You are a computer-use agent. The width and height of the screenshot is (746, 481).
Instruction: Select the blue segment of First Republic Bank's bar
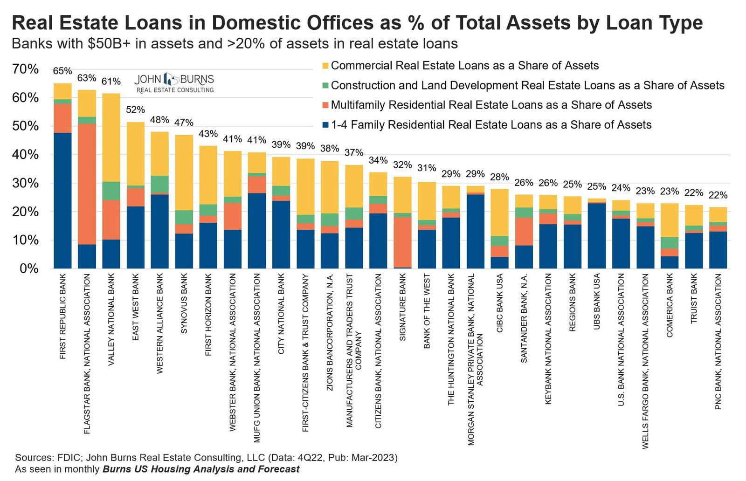pos(62,200)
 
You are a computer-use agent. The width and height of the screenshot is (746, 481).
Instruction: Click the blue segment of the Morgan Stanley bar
pos(475,231)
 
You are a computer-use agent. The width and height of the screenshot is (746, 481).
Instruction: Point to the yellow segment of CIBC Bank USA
pos(499,213)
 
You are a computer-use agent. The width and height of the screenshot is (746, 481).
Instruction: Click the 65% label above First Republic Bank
pos(62,71)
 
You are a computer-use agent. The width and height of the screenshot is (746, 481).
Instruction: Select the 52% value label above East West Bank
pos(135,110)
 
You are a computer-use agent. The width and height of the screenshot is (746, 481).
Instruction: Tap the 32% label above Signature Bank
pos(402,165)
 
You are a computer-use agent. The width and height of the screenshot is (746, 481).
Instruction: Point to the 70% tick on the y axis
pos(25,69)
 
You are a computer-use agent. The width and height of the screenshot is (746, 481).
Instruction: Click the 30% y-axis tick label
pos(25,183)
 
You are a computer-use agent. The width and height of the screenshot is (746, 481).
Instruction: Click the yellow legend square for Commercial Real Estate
pos(325,66)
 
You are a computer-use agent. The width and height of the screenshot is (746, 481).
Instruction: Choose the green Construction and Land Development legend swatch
pos(325,86)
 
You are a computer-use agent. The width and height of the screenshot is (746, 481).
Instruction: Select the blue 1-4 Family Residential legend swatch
pos(325,125)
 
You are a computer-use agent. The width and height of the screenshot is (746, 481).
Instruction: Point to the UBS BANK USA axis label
pos(596,302)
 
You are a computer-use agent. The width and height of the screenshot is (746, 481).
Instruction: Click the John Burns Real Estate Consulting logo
pos(174,83)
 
